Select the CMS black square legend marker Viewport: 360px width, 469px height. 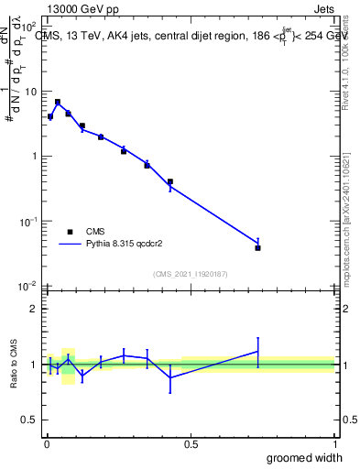pyautogui.click(x=71, y=232)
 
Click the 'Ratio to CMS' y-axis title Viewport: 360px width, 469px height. pyautogui.click(x=15, y=364)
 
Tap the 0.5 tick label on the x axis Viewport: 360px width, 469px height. pyautogui.click(x=191, y=444)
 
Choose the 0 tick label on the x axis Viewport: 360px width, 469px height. pyautogui.click(x=47, y=444)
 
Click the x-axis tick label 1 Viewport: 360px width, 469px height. pyautogui.click(x=333, y=444)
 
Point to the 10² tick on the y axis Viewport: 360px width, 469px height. pyautogui.click(x=30, y=27)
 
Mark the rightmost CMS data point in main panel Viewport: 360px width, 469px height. pyautogui.click(x=258, y=247)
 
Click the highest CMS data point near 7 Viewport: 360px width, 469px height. pyautogui.click(x=58, y=102)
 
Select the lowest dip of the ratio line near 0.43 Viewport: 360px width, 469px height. pyautogui.click(x=170, y=377)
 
